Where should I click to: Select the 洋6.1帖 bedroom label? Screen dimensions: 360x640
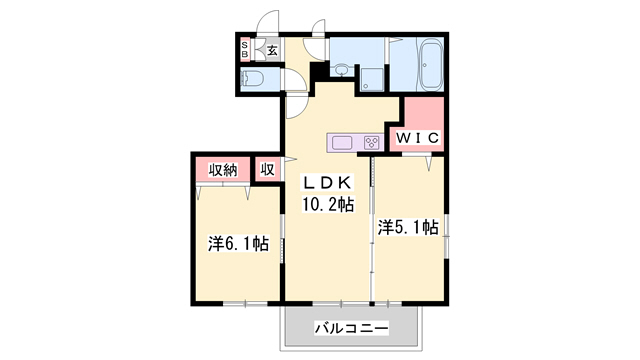pos(238,243)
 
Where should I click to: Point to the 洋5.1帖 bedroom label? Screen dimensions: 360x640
pos(408,228)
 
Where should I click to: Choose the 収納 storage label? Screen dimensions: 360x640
pos(222,170)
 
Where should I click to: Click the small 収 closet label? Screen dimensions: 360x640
pos(268,170)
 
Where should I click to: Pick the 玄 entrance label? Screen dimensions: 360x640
pos(272,49)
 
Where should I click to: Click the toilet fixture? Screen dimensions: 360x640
pos(254,79)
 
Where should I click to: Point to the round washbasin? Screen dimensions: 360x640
pos(342,70)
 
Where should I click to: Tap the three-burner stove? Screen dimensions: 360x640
pos(370,141)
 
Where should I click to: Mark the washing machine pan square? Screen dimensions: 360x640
pos(371,79)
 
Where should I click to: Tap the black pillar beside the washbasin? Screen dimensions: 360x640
pos(319,72)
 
